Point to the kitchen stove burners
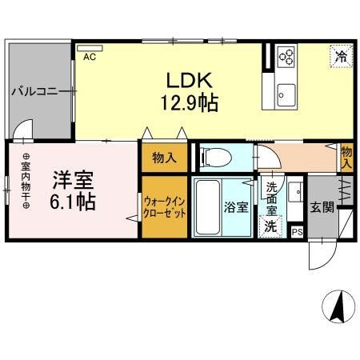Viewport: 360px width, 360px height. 286,56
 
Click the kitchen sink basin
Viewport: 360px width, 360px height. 284,96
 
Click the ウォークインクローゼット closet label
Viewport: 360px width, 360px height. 166,207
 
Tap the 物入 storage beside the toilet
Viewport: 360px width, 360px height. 165,158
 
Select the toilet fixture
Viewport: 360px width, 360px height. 212,156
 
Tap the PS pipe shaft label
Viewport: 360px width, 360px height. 297,232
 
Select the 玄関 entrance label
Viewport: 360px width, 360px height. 322,206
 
